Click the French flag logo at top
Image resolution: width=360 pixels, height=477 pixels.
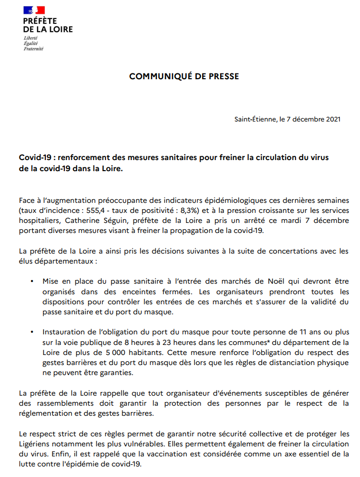(x=34, y=10)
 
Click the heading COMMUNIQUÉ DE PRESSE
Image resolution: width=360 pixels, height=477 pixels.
(x=184, y=77)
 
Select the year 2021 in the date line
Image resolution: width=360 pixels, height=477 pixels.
(x=331, y=119)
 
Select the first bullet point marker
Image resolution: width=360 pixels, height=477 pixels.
(x=32, y=283)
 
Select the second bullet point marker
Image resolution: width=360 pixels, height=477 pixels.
(x=32, y=332)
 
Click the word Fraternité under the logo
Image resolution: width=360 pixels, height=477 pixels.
(x=33, y=49)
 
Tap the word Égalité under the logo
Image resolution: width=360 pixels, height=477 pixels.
(x=31, y=44)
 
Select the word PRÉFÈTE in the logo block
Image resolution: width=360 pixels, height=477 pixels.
(x=40, y=21)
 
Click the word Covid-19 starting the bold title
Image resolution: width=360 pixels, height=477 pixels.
(x=35, y=158)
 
